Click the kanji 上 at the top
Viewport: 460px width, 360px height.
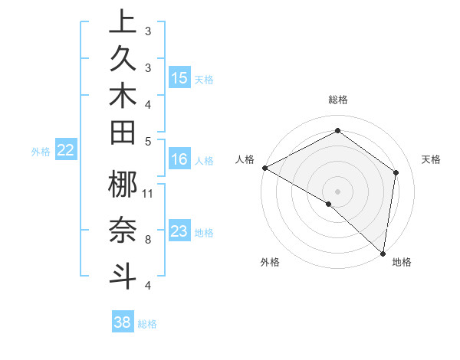click(123, 21)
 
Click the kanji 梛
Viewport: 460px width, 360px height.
click(123, 186)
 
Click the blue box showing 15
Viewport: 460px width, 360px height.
click(179, 78)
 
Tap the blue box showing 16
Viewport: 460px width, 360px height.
click(179, 160)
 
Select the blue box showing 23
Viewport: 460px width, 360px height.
click(179, 231)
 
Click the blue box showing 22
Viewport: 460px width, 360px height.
click(66, 150)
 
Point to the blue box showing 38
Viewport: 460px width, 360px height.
click(123, 322)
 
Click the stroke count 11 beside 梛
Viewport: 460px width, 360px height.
click(149, 193)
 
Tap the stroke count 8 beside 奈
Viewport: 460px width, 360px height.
click(147, 240)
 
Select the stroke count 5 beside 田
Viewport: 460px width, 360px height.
click(147, 140)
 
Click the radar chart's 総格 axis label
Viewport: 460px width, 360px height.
click(338, 100)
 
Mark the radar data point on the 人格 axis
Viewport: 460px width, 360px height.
click(264, 168)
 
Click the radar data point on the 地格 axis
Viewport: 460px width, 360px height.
click(383, 252)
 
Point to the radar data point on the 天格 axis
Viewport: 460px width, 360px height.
click(396, 172)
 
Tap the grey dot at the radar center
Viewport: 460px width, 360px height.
click(338, 191)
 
